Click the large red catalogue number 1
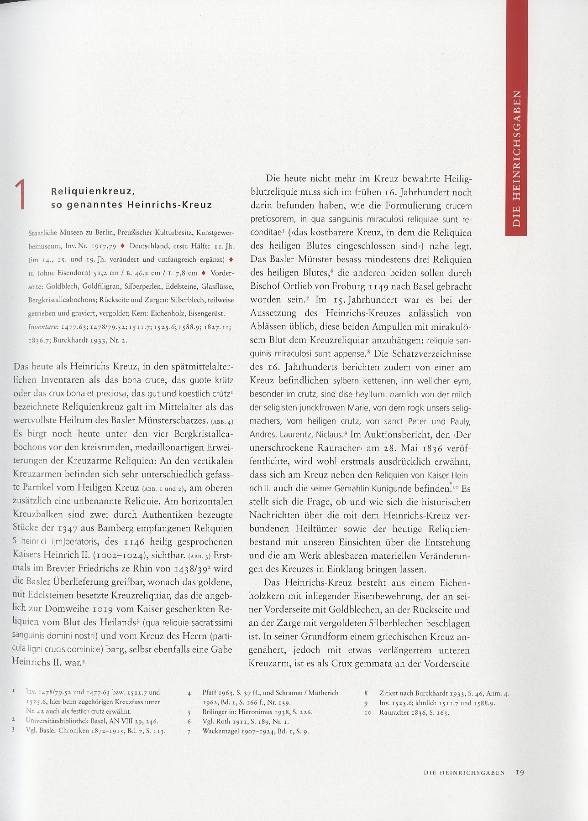[20, 195]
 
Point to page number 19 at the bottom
[520, 773]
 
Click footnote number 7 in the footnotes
[189, 732]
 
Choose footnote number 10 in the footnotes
[368, 712]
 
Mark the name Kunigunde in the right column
[389, 488]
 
